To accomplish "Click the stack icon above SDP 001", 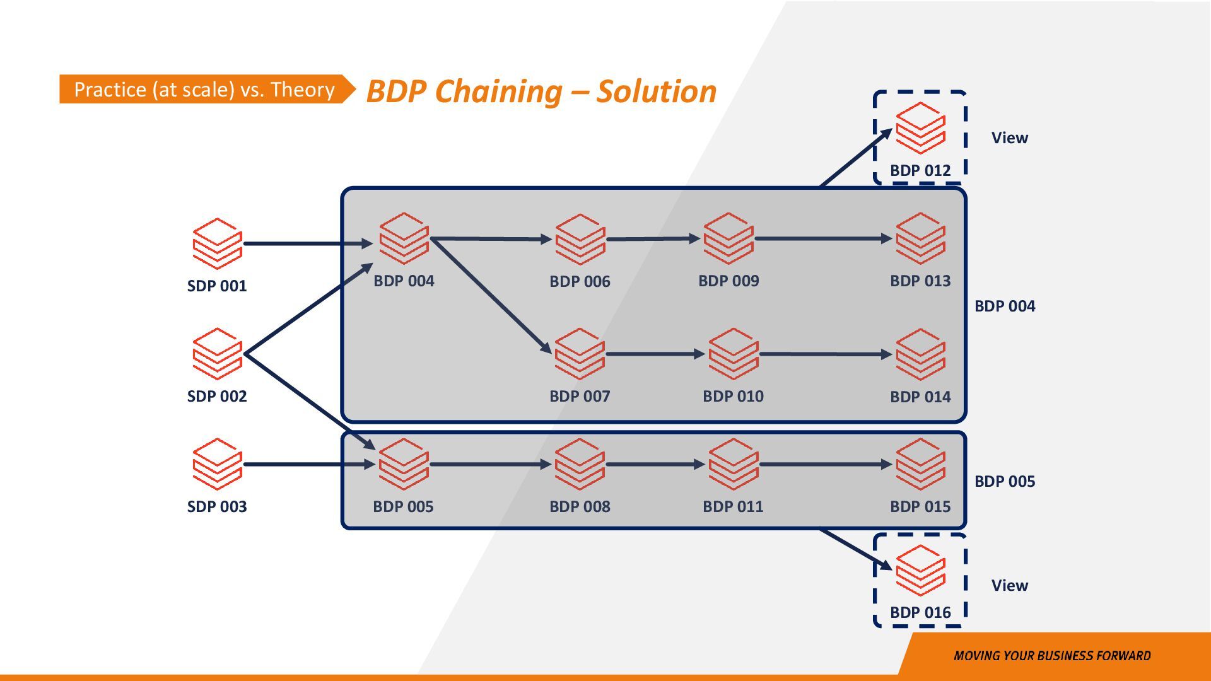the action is point(217,243).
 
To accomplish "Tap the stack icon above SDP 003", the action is point(217,464).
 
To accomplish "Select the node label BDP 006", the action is point(580,281).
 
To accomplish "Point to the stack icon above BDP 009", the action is point(728,238).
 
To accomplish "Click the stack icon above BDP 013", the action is point(920,238).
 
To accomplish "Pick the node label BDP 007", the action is point(580,396).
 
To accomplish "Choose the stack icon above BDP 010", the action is point(733,354).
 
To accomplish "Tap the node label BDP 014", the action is point(920,397).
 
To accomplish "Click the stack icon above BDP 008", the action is point(580,465).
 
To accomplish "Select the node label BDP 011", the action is point(733,506).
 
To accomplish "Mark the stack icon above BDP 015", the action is point(920,465).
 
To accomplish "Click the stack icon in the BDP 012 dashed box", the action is point(920,128).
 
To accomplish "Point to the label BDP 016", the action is point(920,612).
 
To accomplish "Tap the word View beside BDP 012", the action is point(1010,137).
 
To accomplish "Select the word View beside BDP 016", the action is point(1010,585).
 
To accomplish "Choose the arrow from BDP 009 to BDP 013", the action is point(824,238).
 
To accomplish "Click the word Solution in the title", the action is point(657,91).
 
